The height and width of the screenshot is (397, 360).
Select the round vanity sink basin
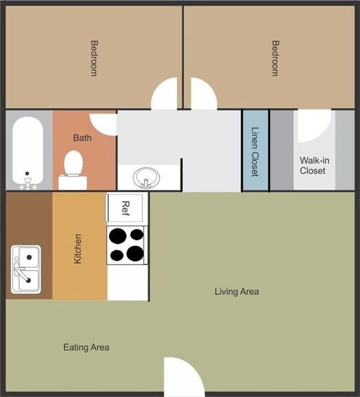(x=145, y=179)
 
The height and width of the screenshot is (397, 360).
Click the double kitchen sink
(x=25, y=269)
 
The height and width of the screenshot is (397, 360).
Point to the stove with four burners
(x=126, y=245)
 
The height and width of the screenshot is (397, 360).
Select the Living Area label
(x=236, y=291)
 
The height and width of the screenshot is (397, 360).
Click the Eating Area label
(x=86, y=348)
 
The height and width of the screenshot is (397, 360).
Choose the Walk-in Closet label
(x=314, y=165)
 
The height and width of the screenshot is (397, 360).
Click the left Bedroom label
(x=94, y=58)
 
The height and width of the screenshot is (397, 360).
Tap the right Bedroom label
(x=274, y=58)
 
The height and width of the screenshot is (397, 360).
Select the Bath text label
(x=82, y=138)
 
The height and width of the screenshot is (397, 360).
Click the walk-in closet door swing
(x=312, y=125)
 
